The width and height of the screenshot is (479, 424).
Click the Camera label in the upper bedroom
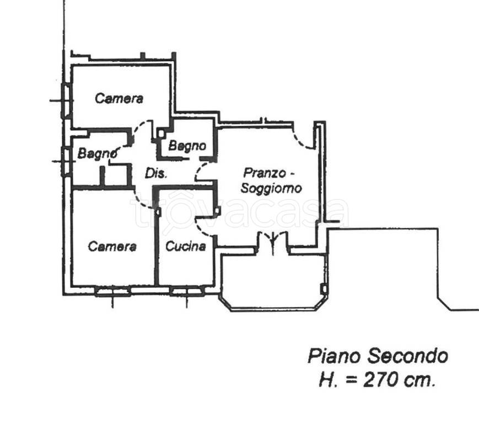[x=119, y=98]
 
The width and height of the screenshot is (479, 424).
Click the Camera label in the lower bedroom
[x=112, y=247]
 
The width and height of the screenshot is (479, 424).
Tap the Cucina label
[x=186, y=246]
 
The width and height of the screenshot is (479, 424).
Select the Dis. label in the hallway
[x=156, y=173]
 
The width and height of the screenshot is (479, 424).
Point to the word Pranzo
[x=265, y=173]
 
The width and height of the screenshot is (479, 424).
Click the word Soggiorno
[x=271, y=188]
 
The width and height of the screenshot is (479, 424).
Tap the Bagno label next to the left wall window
[x=98, y=153]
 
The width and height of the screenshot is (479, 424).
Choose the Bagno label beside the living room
[x=187, y=146]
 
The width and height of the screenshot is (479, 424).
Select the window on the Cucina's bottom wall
[x=187, y=291]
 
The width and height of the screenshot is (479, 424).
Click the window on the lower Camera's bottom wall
[x=112, y=291]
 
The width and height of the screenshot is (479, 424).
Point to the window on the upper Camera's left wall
[x=66, y=101]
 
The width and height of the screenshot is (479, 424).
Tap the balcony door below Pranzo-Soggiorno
[x=273, y=242]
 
